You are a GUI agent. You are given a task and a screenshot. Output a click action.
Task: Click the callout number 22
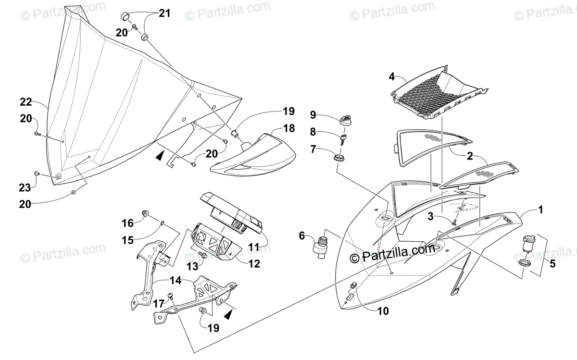(x=26, y=101)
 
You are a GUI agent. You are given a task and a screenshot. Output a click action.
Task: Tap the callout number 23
(x=25, y=187)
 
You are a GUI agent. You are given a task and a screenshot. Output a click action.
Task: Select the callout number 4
(x=392, y=76)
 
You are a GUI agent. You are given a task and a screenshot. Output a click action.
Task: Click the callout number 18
(x=288, y=128)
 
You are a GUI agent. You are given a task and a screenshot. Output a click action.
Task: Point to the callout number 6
(x=302, y=235)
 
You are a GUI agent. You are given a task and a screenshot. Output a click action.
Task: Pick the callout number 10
(x=383, y=311)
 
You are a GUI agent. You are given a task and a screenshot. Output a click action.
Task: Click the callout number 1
(x=540, y=210)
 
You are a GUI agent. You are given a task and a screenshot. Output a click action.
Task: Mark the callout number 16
(x=127, y=223)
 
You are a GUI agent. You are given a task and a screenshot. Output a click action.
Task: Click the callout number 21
(x=164, y=13)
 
